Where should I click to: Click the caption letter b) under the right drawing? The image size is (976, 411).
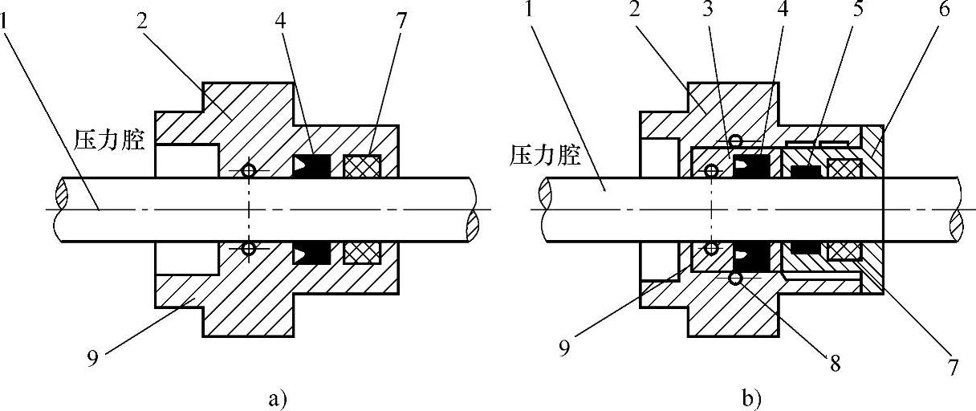click(752, 397)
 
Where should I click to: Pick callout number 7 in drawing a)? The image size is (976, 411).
click(400, 18)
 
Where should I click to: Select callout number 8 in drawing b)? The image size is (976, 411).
click(835, 364)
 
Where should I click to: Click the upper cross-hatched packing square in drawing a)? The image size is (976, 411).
click(360, 165)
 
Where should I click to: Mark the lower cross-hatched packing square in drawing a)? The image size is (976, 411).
click(360, 252)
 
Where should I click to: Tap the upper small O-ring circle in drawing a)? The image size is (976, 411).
click(249, 170)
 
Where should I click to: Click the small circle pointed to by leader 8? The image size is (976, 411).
click(734, 279)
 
